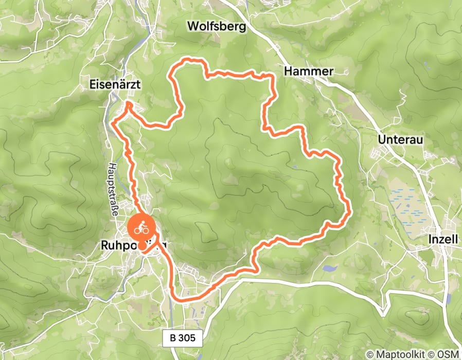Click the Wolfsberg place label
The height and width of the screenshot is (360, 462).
[217, 26]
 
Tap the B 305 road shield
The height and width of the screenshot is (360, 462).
[183, 338]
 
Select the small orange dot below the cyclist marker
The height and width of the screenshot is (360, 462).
[141, 246]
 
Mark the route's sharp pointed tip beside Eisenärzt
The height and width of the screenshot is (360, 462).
[128, 104]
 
